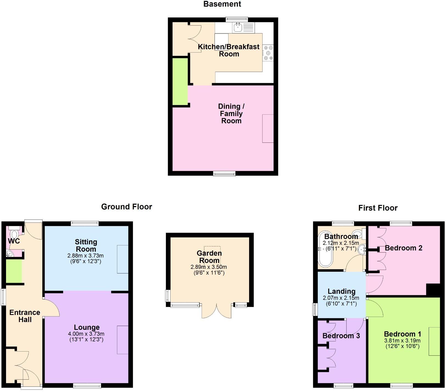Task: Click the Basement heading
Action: (222, 4)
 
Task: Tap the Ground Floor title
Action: (126, 207)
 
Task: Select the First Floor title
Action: (378, 208)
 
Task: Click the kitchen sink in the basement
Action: (238, 27)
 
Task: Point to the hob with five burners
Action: (268, 53)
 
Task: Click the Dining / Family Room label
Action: (231, 113)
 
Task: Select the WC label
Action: (14, 241)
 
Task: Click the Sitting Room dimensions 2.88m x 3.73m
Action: (85, 256)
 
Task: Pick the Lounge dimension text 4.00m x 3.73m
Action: (86, 334)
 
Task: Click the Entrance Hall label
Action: (25, 316)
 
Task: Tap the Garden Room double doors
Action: (216, 311)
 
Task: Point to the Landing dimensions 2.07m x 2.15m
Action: (341, 298)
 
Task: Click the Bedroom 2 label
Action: (403, 248)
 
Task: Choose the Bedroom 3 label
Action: (341, 336)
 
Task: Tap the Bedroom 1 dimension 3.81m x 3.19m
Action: (402, 341)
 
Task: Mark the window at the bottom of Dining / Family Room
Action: (224, 173)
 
